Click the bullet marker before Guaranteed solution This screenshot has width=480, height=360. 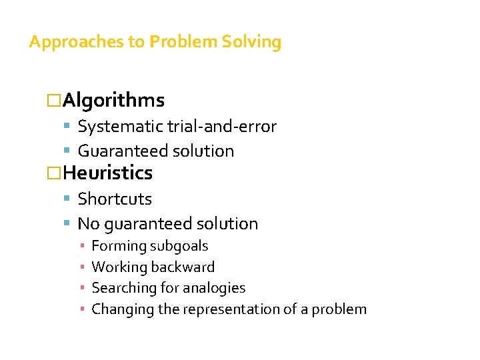tap(69, 151)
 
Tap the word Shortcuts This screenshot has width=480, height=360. tap(115, 199)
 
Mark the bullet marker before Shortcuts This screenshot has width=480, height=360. tap(69, 199)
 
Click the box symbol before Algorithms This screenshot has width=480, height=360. tap(53, 101)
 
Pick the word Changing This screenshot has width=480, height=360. tap(117, 309)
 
